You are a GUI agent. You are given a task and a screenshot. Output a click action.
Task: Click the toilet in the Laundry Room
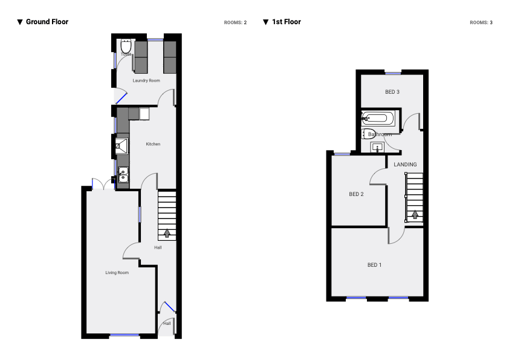[126, 46]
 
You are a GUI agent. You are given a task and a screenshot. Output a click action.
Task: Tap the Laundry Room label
[146, 80]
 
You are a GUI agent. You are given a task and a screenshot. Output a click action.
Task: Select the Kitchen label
[153, 144]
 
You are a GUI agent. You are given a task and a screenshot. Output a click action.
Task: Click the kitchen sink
[123, 175]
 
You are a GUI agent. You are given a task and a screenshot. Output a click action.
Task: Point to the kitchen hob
[122, 145]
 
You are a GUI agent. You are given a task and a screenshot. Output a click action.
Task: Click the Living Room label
[117, 273]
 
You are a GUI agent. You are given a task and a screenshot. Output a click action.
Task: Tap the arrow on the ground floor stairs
[167, 233]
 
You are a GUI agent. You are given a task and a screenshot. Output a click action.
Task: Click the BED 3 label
[392, 92]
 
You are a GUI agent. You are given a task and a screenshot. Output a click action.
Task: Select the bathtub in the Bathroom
[378, 118]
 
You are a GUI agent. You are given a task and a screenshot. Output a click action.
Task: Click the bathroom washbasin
[378, 147]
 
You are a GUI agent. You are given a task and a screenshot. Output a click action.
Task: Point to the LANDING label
[405, 165]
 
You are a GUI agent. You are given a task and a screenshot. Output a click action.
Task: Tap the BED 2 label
[356, 194]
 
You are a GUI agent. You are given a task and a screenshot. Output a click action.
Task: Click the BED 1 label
[375, 265]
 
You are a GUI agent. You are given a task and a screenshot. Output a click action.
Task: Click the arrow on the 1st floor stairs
[415, 214]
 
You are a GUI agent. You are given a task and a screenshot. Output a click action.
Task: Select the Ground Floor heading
[47, 22]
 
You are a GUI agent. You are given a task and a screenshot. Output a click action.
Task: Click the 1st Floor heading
[286, 22]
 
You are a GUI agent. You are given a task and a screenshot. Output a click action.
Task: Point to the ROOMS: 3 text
[481, 22]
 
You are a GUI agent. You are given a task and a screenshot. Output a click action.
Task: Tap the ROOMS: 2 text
[235, 22]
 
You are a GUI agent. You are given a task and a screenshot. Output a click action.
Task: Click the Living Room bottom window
[125, 335]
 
